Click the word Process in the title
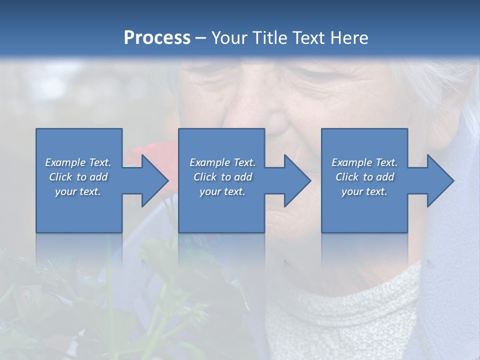click(157, 38)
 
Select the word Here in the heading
click(348, 38)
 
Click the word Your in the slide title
click(230, 38)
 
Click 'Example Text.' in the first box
click(78, 162)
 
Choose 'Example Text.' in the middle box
click(222, 162)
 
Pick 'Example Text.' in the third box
click(364, 162)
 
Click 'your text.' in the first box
click(78, 191)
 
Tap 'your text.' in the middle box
click(222, 191)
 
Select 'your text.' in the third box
click(364, 191)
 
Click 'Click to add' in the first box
click(78, 177)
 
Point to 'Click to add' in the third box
click(364, 177)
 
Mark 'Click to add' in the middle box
click(222, 177)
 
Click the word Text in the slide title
click(307, 38)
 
